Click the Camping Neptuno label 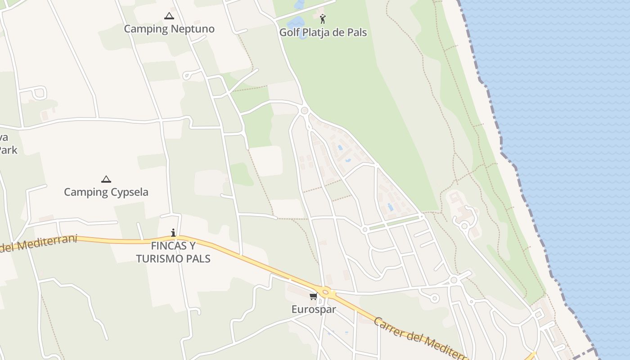click(x=169, y=29)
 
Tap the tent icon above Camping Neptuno click(x=169, y=16)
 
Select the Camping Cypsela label click(x=106, y=192)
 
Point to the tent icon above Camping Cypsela click(x=106, y=179)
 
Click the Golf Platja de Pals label click(x=323, y=32)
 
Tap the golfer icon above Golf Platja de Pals click(x=323, y=19)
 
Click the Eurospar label click(x=314, y=310)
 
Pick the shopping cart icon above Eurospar click(x=314, y=296)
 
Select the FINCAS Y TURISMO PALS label click(x=173, y=252)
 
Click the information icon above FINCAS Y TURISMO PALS click(x=173, y=233)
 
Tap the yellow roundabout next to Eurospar click(x=325, y=291)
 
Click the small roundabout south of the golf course click(x=305, y=110)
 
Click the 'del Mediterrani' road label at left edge click(x=38, y=243)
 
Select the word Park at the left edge click(x=8, y=150)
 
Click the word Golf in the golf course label click(x=289, y=32)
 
